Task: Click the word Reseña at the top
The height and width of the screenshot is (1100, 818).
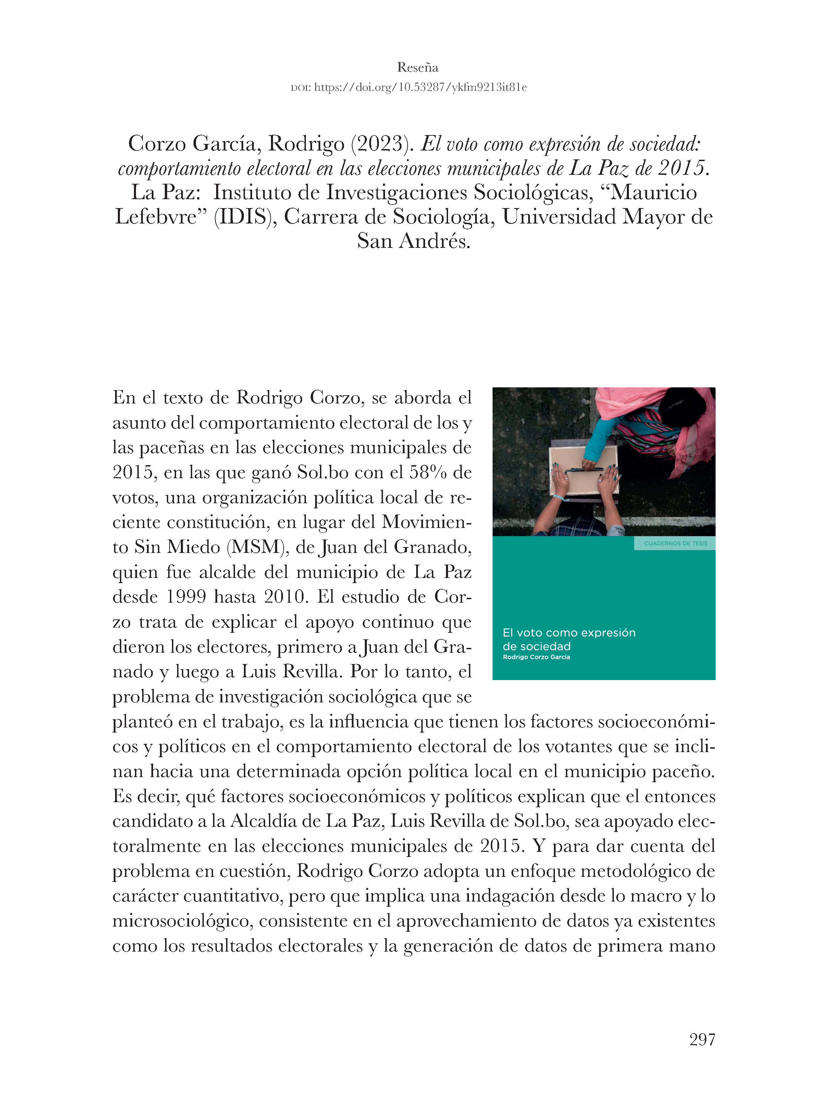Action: [x=418, y=68]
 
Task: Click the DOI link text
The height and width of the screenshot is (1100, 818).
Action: [x=420, y=88]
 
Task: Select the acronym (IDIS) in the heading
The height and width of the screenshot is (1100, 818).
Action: [x=245, y=217]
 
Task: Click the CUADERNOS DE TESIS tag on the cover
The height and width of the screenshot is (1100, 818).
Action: [x=676, y=543]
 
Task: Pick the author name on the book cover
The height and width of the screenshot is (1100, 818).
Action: [x=536, y=657]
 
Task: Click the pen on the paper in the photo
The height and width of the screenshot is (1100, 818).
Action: [x=584, y=469]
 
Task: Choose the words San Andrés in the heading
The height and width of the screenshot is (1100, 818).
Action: [x=413, y=241]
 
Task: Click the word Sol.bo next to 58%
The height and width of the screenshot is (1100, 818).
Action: [x=323, y=472]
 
